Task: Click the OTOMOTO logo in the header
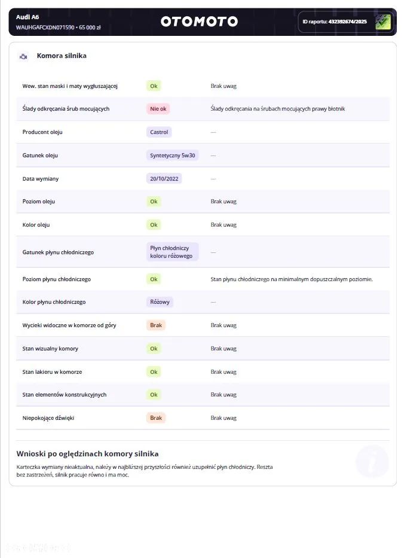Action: click(199, 22)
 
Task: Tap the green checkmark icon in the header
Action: click(383, 22)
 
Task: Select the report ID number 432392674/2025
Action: click(348, 22)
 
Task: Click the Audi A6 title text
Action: click(27, 17)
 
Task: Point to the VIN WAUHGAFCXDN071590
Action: click(45, 28)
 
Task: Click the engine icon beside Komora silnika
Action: click(23, 56)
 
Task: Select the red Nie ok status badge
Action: click(158, 109)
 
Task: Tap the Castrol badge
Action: click(159, 132)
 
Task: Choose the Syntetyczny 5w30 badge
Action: click(172, 155)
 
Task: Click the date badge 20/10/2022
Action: click(164, 178)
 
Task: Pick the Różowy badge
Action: click(160, 302)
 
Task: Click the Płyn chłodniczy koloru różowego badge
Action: click(172, 252)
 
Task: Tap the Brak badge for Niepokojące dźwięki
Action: click(156, 418)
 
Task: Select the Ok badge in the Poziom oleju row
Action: click(154, 202)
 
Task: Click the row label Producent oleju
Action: click(42, 132)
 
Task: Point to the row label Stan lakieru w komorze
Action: click(52, 372)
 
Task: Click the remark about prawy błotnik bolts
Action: click(277, 109)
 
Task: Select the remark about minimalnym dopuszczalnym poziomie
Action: click(291, 279)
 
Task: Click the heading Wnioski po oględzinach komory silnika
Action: click(87, 454)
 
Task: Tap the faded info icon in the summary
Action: click(372, 461)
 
